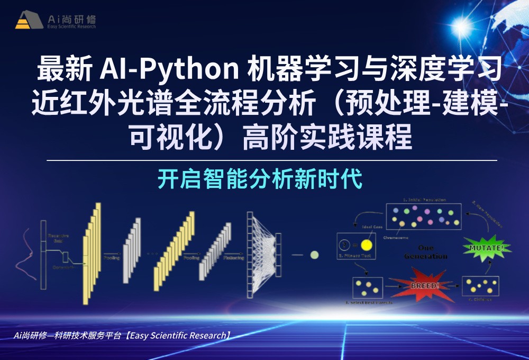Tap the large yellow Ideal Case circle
click(366, 245)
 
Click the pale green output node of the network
click(314, 255)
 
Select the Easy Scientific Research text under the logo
click(71, 27)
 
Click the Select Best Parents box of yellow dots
click(367, 287)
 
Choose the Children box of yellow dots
click(480, 286)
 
